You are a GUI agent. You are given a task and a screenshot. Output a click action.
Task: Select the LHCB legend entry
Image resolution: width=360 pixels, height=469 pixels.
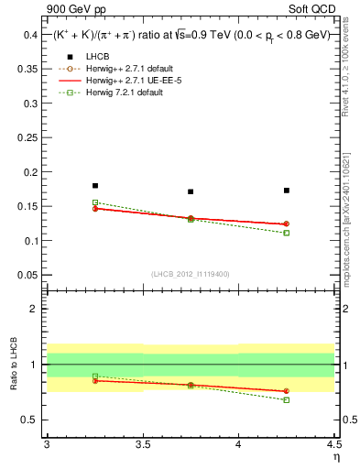click(x=88, y=57)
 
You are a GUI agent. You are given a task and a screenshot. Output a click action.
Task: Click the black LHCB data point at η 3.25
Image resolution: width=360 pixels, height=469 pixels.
click(x=95, y=186)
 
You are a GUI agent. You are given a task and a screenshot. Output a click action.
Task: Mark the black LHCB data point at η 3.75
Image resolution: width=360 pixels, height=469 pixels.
click(x=191, y=191)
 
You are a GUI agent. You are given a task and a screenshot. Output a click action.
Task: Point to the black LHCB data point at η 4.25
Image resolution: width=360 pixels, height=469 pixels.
click(x=287, y=191)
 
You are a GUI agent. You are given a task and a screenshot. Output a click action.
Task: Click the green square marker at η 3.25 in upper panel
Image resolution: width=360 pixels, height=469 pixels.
click(x=95, y=202)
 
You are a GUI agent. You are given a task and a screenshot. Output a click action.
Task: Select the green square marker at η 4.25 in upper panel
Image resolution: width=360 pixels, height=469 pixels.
click(x=287, y=233)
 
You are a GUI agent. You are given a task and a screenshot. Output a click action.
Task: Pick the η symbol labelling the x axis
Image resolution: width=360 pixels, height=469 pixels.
click(x=335, y=456)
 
